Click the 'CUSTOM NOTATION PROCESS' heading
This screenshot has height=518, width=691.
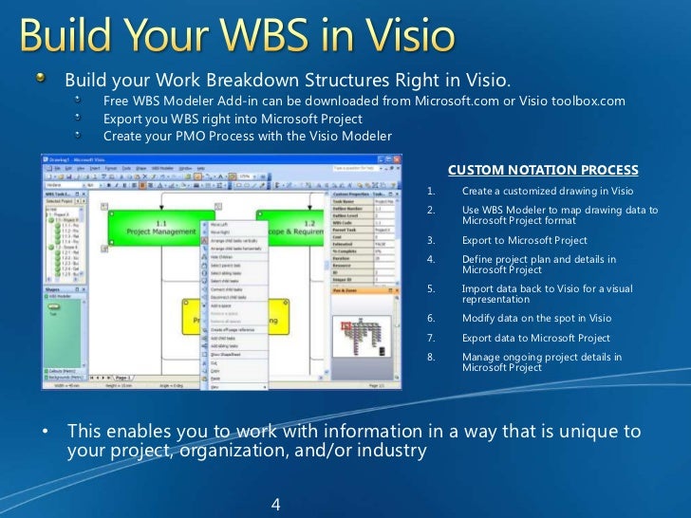point(543,171)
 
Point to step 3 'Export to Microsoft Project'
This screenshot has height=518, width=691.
point(524,240)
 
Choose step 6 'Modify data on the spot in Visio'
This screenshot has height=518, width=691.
point(536,319)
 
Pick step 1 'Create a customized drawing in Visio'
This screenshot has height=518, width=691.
point(541,191)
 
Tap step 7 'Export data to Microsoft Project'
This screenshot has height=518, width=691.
point(536,338)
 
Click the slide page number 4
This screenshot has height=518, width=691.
point(276,504)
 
